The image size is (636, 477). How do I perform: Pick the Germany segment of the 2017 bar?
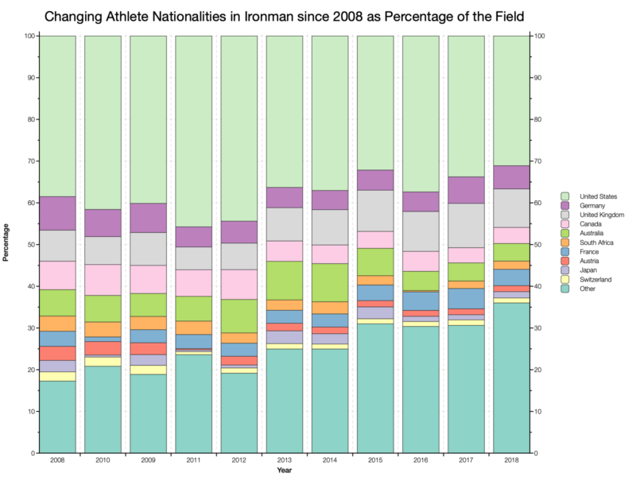click(466, 190)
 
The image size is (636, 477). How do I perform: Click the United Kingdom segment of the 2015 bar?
click(375, 211)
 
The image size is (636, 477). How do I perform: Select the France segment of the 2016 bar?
click(421, 301)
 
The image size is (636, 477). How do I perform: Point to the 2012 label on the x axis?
click(239, 460)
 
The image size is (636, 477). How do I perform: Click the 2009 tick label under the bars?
click(148, 460)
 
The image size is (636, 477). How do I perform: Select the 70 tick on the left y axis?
click(29, 161)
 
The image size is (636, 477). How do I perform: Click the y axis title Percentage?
click(9, 244)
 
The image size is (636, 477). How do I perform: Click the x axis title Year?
click(284, 471)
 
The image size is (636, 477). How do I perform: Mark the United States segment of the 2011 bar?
click(193, 131)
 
